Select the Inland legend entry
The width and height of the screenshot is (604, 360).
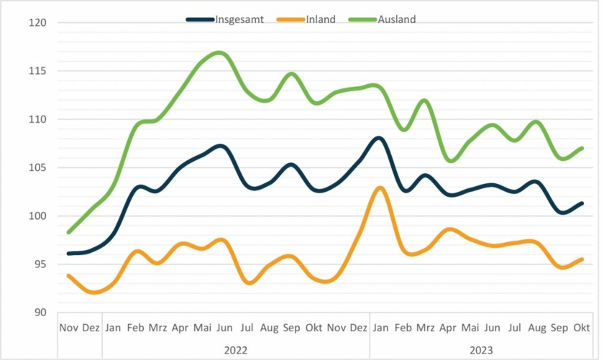[x=320, y=19]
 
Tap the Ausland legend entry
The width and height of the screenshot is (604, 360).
[x=396, y=19]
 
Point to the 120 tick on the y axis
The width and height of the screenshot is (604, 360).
[x=38, y=23]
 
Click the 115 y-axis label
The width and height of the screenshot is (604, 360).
[x=38, y=71]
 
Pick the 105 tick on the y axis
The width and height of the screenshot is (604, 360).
[x=38, y=168]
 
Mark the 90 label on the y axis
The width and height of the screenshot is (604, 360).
[x=40, y=313]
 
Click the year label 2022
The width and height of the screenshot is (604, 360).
[x=235, y=350]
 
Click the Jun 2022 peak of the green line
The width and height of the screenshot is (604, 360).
[x=220, y=52]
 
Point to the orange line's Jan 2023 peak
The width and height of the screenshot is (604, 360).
[x=380, y=188]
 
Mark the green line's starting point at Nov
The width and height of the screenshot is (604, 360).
[x=68, y=232]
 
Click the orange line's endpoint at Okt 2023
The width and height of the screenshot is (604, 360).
[x=581, y=259]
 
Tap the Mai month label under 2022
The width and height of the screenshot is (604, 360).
[x=202, y=328]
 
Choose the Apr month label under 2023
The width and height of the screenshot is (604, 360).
[x=447, y=328]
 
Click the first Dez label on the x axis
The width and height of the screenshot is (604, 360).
[x=91, y=328]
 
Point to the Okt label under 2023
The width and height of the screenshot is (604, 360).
[x=581, y=328]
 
